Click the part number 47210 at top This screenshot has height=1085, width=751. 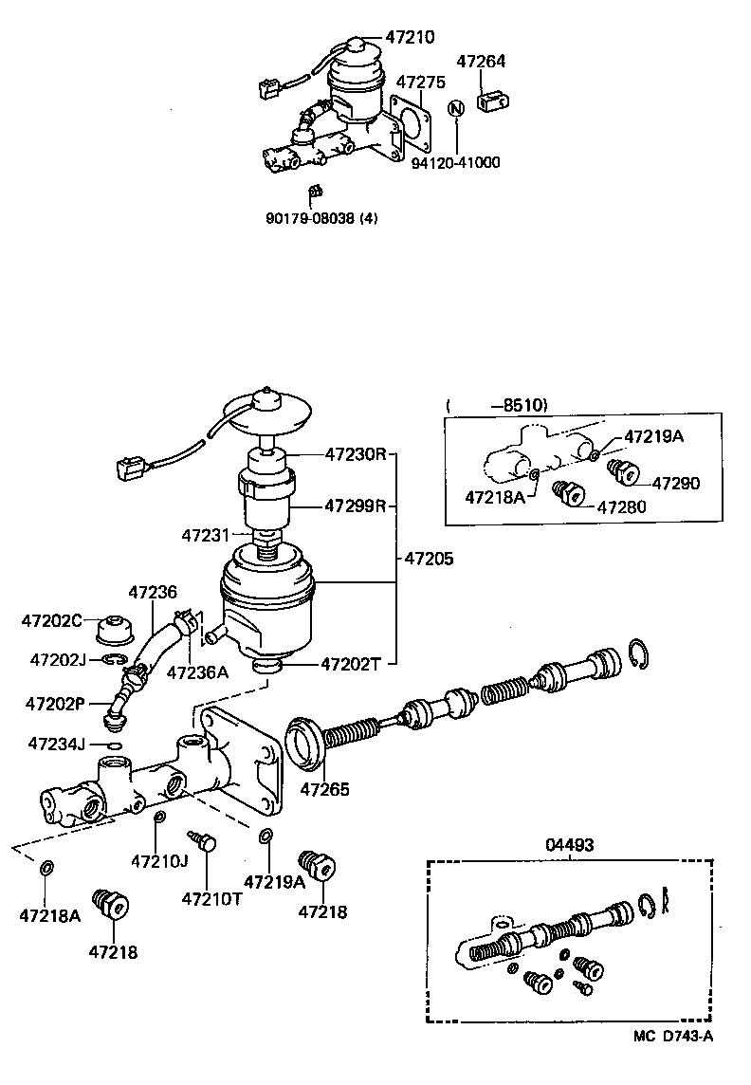pos(410,38)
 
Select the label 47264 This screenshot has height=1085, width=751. pos(481,62)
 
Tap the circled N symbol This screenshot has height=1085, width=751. pos(456,108)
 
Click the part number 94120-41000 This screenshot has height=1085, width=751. pos(455,162)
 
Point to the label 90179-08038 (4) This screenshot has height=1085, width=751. pos(321,217)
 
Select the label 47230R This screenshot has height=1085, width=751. pos(356,454)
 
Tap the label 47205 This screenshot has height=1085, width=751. pos(429,559)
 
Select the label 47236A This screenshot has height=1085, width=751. pos(197,672)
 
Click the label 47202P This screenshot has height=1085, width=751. pos(55,704)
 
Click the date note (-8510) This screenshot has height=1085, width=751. pos(497,404)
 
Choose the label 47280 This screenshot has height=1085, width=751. pos(620,506)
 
